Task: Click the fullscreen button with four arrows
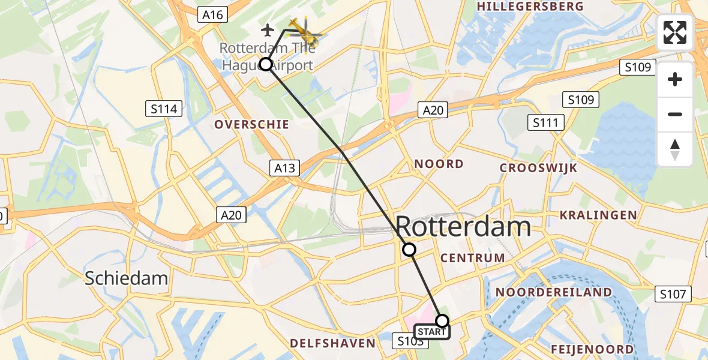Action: click(x=675, y=32)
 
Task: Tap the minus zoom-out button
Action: click(x=675, y=114)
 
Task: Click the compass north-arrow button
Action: click(x=675, y=149)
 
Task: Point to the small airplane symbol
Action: click(x=268, y=29)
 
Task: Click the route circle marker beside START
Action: click(x=442, y=320)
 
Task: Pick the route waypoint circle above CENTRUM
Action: click(x=409, y=249)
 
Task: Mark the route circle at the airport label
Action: click(x=265, y=64)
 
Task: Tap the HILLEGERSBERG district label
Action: click(x=529, y=6)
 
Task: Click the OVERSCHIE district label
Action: click(x=252, y=124)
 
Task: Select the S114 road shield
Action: click(x=164, y=109)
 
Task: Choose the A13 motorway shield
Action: click(x=284, y=168)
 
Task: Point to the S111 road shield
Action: click(x=545, y=123)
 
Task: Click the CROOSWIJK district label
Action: click(x=538, y=168)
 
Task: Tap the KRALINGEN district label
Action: click(x=598, y=215)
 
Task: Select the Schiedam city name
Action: click(x=126, y=278)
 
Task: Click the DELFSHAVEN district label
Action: click(x=333, y=343)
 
